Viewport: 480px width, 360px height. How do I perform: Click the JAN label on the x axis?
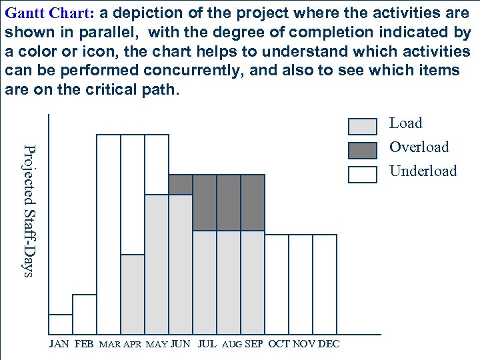(59, 344)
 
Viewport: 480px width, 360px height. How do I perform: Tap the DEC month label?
(329, 344)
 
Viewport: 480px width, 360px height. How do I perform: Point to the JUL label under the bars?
(207, 344)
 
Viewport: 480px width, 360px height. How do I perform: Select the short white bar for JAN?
(61, 323)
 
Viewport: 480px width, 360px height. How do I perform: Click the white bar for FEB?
(85, 313)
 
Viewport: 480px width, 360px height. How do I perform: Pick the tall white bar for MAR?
(109, 233)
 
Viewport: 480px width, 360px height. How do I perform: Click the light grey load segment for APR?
(133, 293)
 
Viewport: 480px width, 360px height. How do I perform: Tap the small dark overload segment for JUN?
(181, 185)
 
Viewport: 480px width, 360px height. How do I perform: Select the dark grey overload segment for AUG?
(229, 203)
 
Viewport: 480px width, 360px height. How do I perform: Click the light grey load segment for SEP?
(253, 281)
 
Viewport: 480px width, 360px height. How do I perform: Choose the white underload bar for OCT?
(277, 283)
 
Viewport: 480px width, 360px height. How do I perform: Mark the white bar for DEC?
(325, 283)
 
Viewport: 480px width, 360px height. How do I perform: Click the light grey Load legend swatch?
(363, 126)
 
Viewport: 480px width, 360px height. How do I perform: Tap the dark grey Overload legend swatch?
(363, 150)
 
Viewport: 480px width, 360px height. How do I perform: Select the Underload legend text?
(423, 171)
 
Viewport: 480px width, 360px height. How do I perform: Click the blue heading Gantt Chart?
(51, 13)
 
